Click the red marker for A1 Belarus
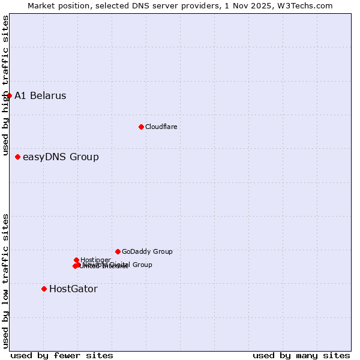point(9,95)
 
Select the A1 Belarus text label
point(40,95)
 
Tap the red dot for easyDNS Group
point(17,157)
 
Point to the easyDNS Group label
point(61,157)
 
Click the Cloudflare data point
point(141,127)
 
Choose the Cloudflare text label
point(161,127)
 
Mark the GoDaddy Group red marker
point(118,251)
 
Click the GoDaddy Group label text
point(147,251)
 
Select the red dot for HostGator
point(44,289)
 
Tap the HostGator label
point(73,289)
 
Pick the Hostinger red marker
point(76,260)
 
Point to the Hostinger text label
point(95,260)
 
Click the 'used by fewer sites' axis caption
point(62,355)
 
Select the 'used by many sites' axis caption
point(301,355)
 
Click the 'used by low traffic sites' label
point(5,281)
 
